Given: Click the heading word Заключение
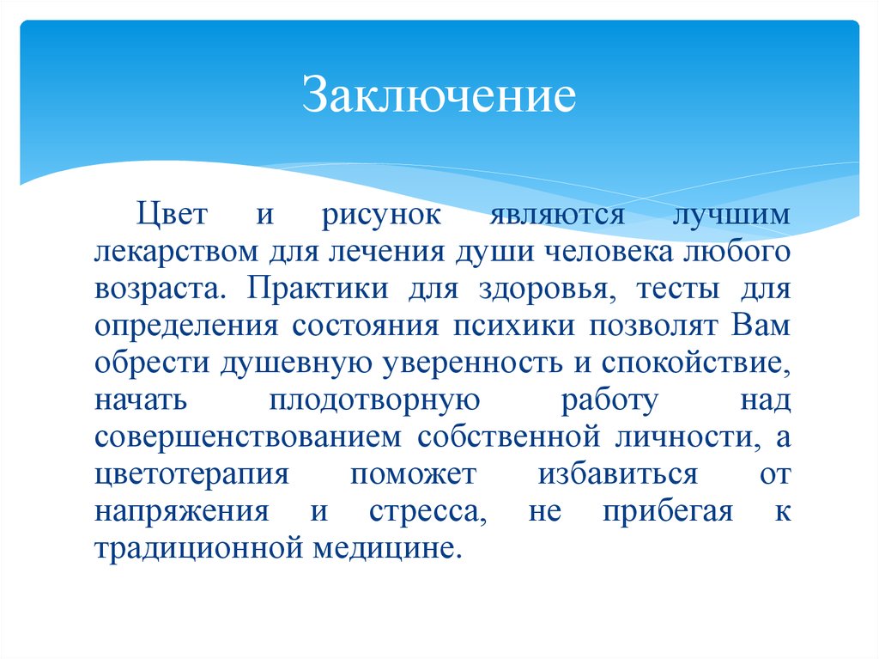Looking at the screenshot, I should pos(437,96).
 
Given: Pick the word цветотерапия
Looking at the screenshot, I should pos(191,475).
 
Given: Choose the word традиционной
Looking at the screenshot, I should pos(194,548).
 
